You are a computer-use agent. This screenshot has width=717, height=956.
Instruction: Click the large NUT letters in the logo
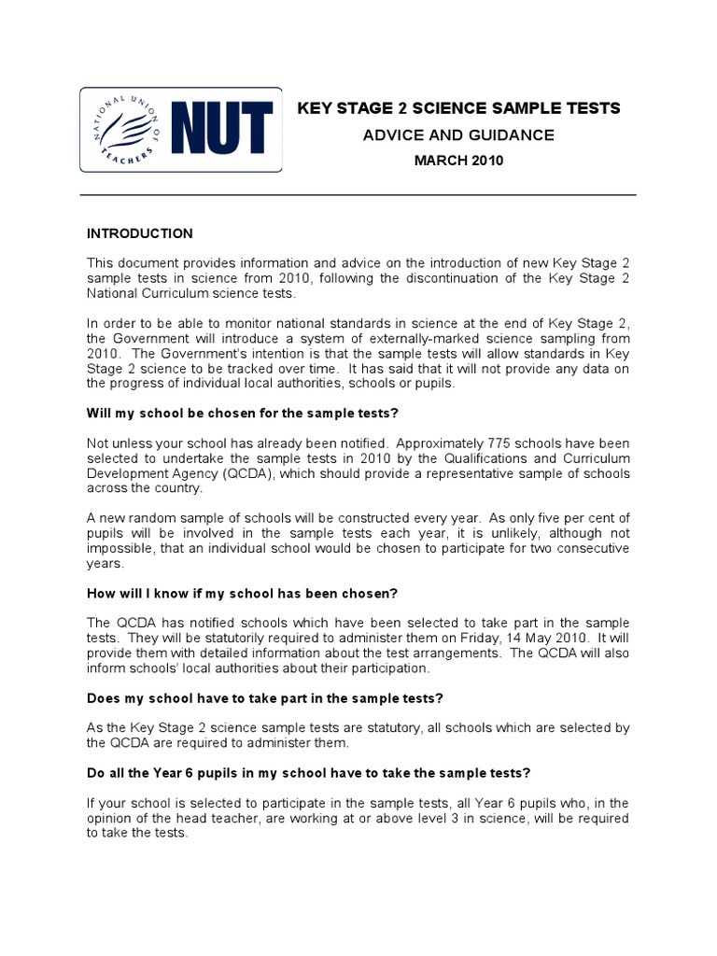pos(223,130)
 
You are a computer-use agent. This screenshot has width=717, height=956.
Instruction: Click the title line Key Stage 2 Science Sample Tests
pos(457,109)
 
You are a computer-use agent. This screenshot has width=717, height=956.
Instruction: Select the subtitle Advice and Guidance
pos(457,135)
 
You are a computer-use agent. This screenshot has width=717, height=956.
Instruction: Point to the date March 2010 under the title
pos(457,161)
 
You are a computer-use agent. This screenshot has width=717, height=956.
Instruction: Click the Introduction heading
pos(140,233)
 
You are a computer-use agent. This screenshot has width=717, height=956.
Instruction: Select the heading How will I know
pos(243,594)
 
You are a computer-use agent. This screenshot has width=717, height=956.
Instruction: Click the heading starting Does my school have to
pos(264,697)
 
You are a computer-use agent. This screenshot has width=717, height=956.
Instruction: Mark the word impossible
pos(118,549)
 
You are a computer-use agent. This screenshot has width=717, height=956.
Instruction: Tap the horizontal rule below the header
pos(358,195)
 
